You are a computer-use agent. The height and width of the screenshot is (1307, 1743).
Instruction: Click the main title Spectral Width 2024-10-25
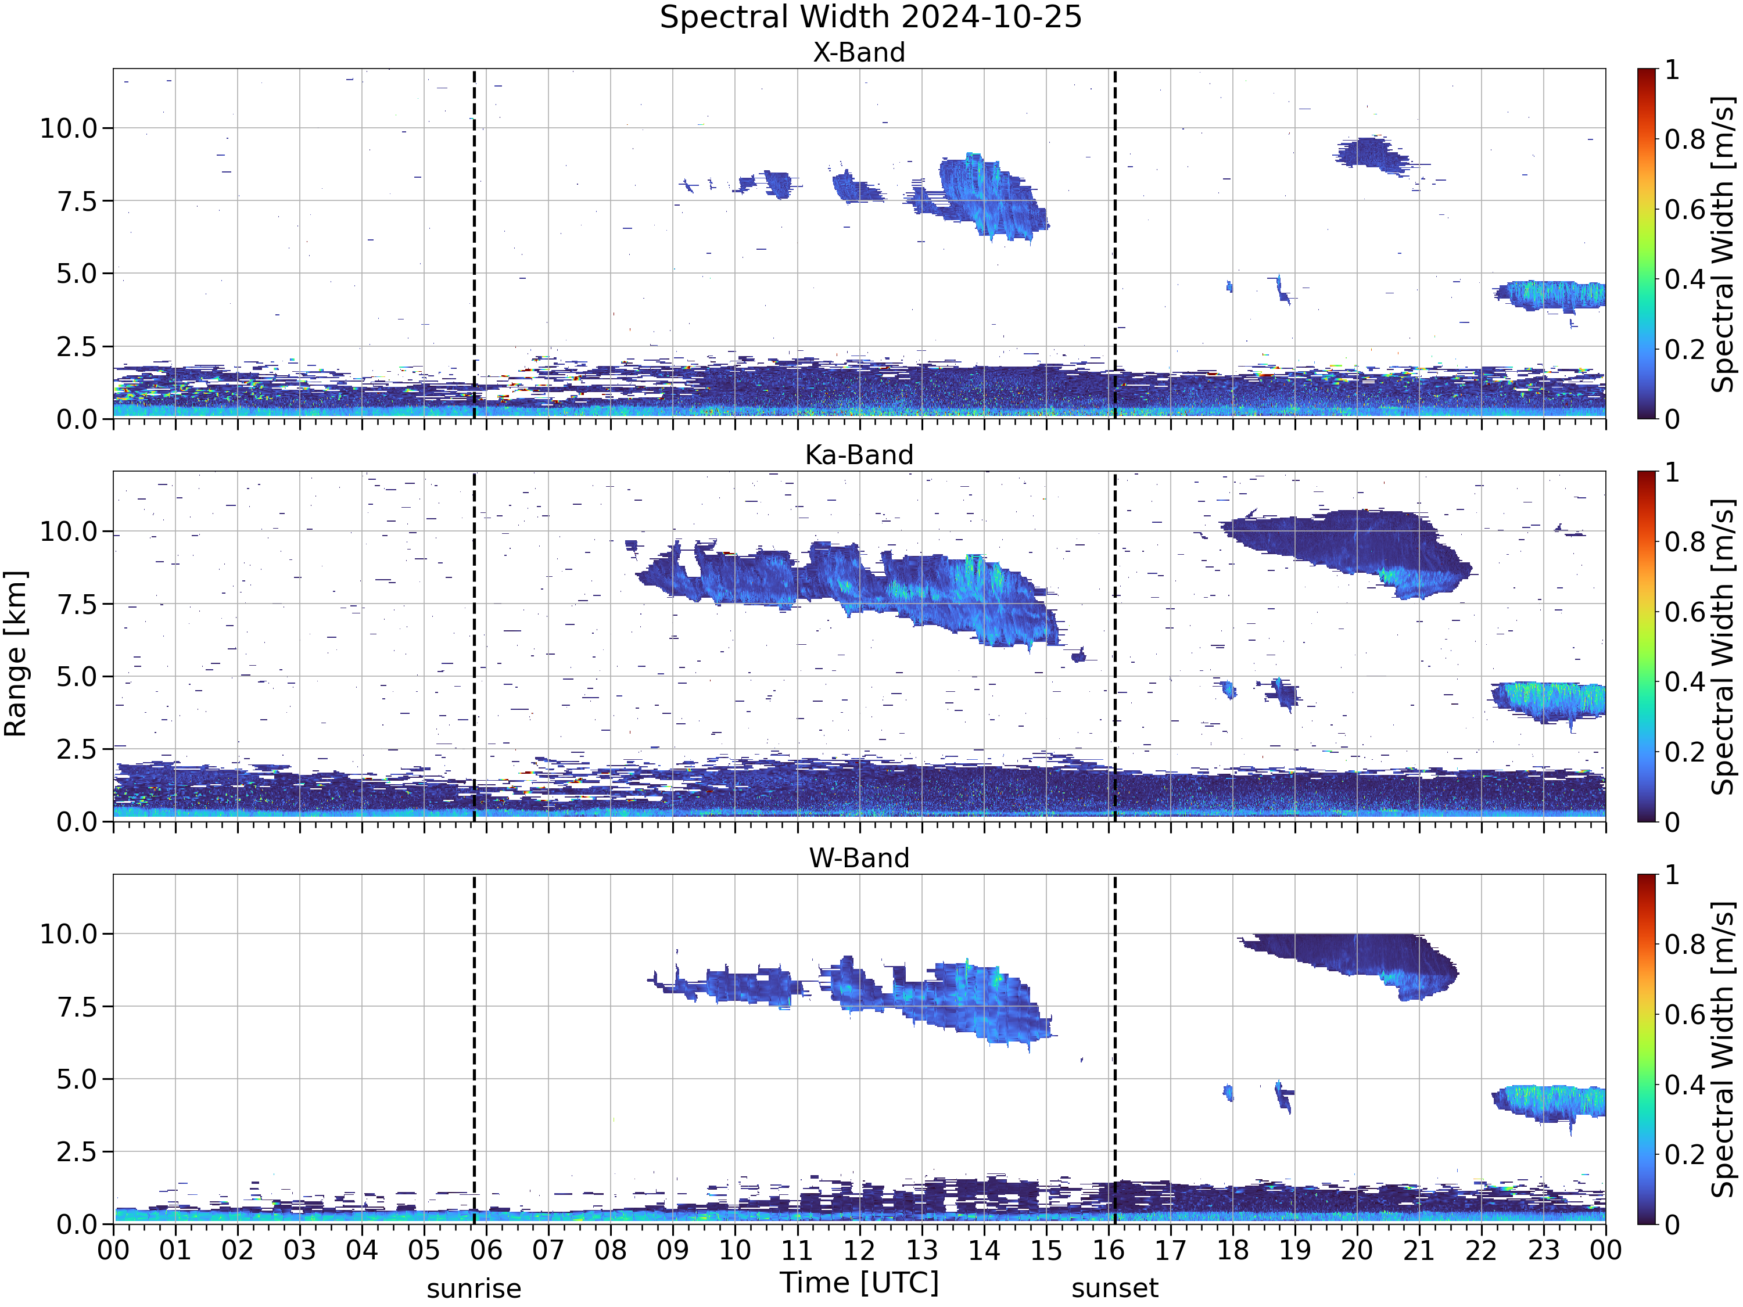(x=871, y=17)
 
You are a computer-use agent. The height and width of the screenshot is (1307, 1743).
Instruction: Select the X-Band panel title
(x=859, y=53)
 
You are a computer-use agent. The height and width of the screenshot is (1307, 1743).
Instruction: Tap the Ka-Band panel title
(x=859, y=455)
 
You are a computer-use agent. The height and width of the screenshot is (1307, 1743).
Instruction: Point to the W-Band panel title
(x=859, y=858)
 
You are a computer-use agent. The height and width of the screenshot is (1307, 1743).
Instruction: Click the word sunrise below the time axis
(x=474, y=1289)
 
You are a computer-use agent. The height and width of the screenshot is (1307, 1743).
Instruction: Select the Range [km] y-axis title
(x=16, y=654)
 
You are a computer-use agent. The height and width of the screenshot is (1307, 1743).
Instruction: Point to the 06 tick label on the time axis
(x=486, y=1250)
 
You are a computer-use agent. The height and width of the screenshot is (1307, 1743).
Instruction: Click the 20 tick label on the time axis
(x=1357, y=1250)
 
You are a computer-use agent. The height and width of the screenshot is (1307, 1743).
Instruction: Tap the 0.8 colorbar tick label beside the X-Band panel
(x=1685, y=140)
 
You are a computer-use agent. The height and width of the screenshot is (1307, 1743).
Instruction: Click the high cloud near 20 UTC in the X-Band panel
(x=1372, y=153)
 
